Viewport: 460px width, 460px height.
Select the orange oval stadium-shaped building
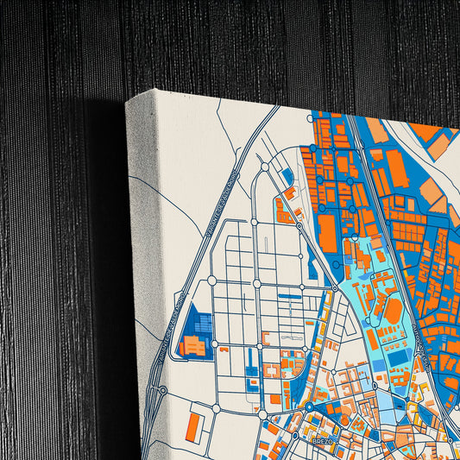click(x=393, y=310)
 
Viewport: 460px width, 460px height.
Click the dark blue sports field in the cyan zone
click(x=398, y=356)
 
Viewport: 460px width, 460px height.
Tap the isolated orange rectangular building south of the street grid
click(x=195, y=424)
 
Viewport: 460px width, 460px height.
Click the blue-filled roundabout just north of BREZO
click(x=309, y=406)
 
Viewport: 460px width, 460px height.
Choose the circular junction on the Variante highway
click(x=162, y=390)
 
